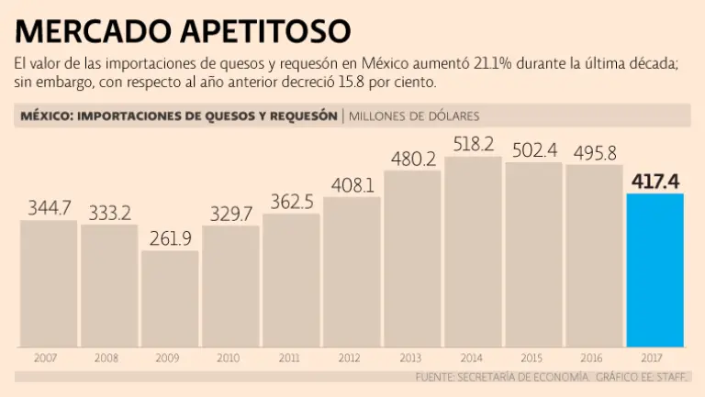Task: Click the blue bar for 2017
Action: (x=655, y=270)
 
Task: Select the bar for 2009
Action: (x=170, y=298)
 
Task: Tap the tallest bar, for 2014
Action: (x=473, y=251)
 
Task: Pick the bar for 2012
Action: (x=352, y=271)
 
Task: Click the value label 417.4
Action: (x=655, y=181)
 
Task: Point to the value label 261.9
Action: (x=170, y=238)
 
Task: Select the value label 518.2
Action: (x=473, y=144)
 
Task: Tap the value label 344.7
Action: (x=49, y=208)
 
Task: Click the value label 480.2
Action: (x=412, y=159)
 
